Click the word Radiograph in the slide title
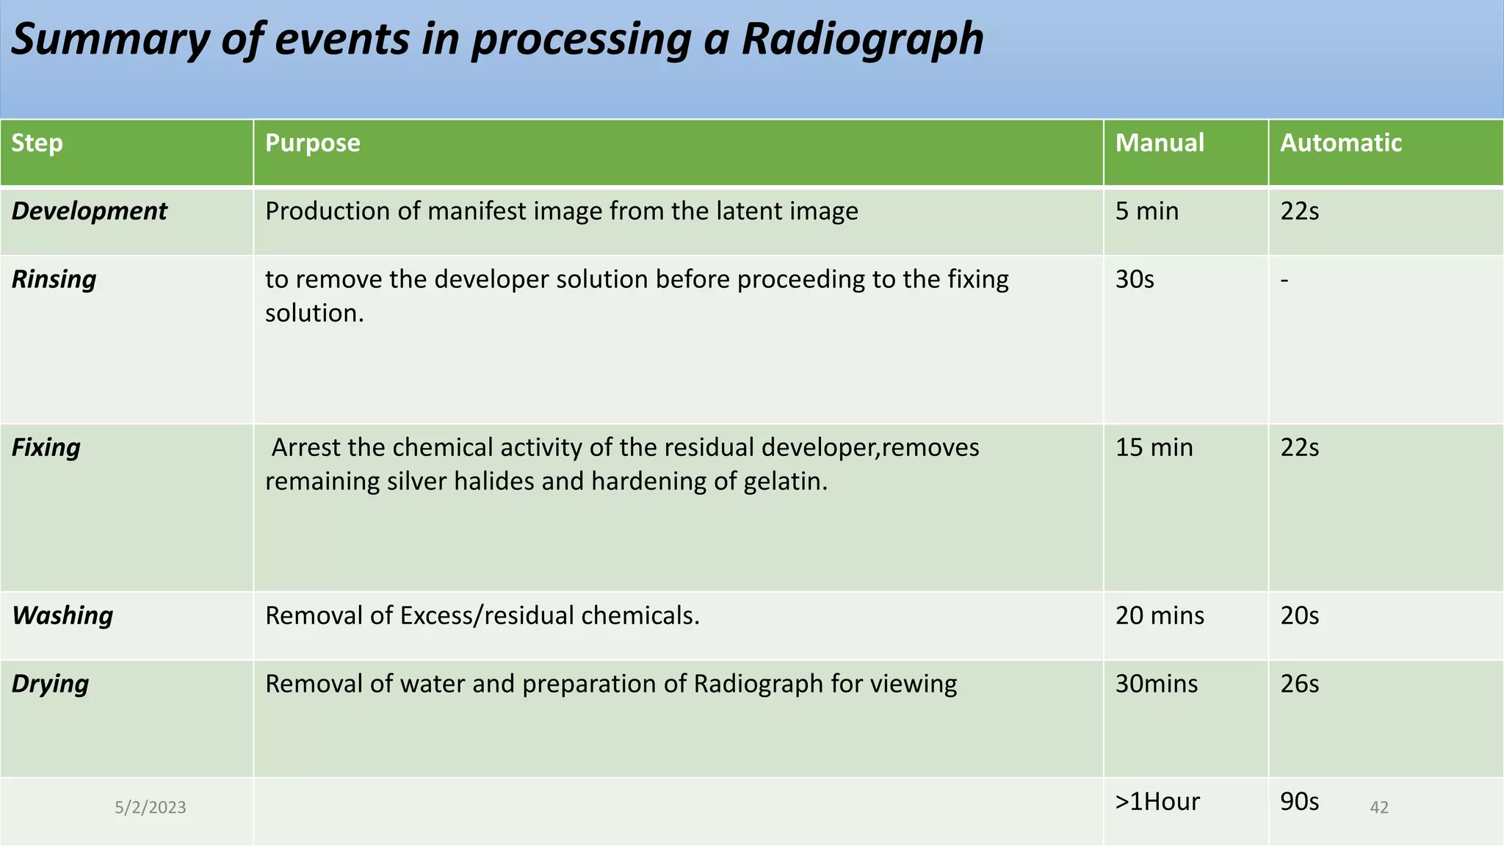click(862, 40)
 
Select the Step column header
click(37, 142)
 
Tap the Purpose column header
click(313, 142)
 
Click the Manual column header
click(1160, 142)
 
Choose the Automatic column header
click(1341, 142)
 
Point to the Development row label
click(89, 211)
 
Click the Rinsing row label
click(54, 280)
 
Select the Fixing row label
click(46, 447)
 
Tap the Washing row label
click(62, 615)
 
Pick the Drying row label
click(50, 684)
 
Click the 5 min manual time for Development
click(1146, 211)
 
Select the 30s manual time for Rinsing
click(1135, 280)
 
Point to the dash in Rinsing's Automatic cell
click(1284, 280)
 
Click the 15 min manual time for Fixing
click(1154, 447)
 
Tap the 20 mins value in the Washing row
click(1160, 615)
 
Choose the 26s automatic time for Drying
click(1299, 684)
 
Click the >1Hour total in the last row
click(1157, 801)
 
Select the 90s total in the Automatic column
click(1299, 801)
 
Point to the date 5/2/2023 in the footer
click(151, 808)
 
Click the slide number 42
click(1379, 808)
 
